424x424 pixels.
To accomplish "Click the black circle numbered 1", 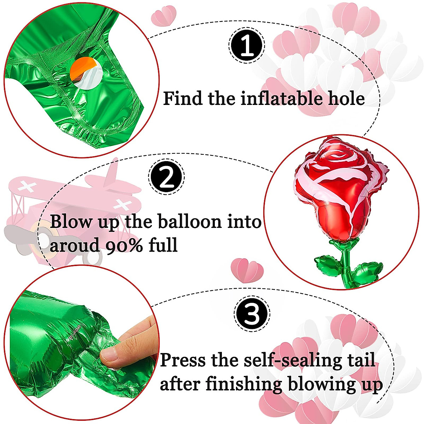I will (x=247, y=46).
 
